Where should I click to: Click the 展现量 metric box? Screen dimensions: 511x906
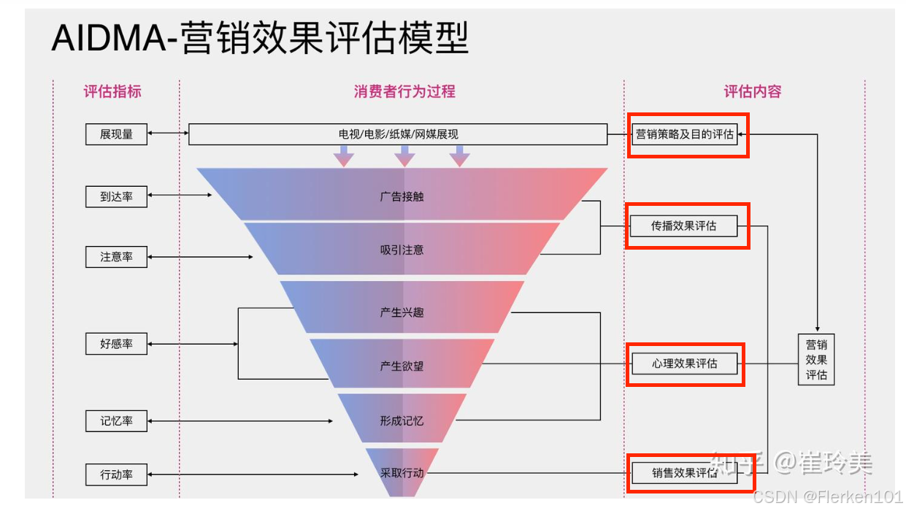pyautogui.click(x=116, y=134)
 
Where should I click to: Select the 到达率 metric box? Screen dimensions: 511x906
pyautogui.click(x=116, y=196)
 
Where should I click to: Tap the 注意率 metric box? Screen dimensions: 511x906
pyautogui.click(x=116, y=257)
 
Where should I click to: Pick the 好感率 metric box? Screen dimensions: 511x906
pyautogui.click(x=116, y=344)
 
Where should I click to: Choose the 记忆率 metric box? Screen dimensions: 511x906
pyautogui.click(x=116, y=421)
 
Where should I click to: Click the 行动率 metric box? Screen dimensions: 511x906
pyautogui.click(x=116, y=474)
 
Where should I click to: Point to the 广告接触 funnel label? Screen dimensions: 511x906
pyautogui.click(x=402, y=196)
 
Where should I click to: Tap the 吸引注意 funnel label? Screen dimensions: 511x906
pyautogui.click(x=402, y=250)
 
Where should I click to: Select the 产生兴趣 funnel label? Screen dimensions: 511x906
pyautogui.click(x=402, y=312)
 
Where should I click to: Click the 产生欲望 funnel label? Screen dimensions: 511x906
pyautogui.click(x=402, y=366)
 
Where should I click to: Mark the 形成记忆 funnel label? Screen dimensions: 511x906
pyautogui.click(x=402, y=421)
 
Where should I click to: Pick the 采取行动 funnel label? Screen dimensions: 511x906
pyautogui.click(x=402, y=473)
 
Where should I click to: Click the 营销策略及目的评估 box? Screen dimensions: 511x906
pyautogui.click(x=684, y=134)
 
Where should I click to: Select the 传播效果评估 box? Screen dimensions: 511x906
pyautogui.click(x=684, y=226)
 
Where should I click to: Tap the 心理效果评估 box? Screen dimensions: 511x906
pyautogui.click(x=684, y=364)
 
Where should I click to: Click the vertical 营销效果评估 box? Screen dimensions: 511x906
pyautogui.click(x=816, y=359)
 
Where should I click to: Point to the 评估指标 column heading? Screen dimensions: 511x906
pyautogui.click(x=112, y=92)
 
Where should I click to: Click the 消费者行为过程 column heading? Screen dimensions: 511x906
pyautogui.click(x=404, y=92)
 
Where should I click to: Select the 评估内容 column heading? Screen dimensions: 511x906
pyautogui.click(x=753, y=92)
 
